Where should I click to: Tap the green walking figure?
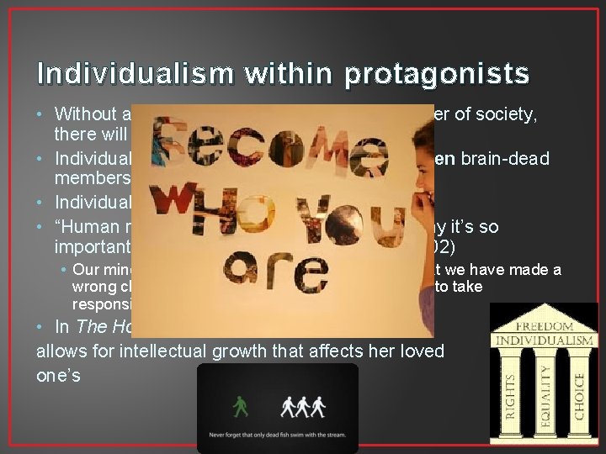click(x=242, y=407)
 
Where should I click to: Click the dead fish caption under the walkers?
click(x=278, y=437)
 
